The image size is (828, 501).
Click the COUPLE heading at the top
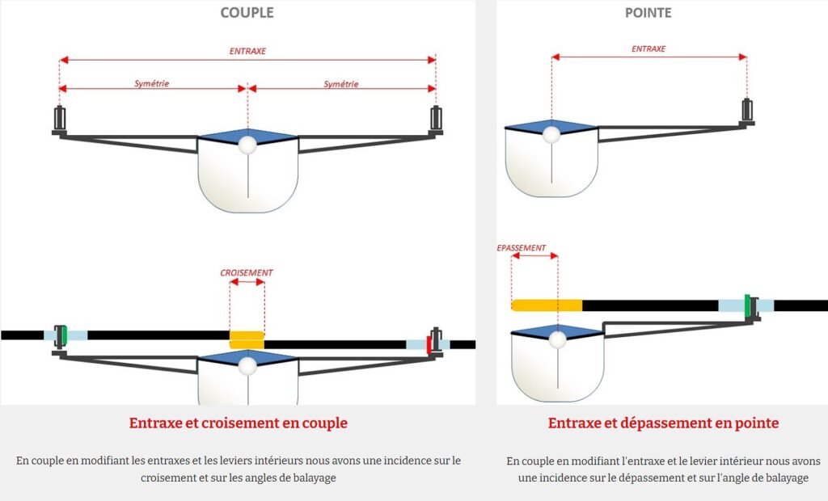(247, 13)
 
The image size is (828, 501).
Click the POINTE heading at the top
(648, 13)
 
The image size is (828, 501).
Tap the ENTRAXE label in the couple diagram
(247, 51)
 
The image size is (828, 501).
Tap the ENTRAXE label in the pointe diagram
(648, 48)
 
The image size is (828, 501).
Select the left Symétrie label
(152, 82)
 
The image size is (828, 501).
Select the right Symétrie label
(340, 83)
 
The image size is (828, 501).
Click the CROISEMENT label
(247, 273)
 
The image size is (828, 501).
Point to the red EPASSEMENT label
(522, 248)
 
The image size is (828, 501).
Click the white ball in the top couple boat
(247, 145)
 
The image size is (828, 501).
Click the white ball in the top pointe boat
(551, 133)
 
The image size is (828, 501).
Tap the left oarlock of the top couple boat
(59, 120)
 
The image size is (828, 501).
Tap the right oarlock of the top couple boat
(436, 119)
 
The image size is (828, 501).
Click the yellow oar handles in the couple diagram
(247, 339)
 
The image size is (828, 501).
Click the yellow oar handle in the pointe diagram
(547, 305)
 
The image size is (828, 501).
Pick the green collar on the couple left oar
(63, 334)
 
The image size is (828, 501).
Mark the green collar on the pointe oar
(747, 305)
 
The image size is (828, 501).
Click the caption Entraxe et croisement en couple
(238, 423)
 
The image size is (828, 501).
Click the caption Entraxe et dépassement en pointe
(663, 423)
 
